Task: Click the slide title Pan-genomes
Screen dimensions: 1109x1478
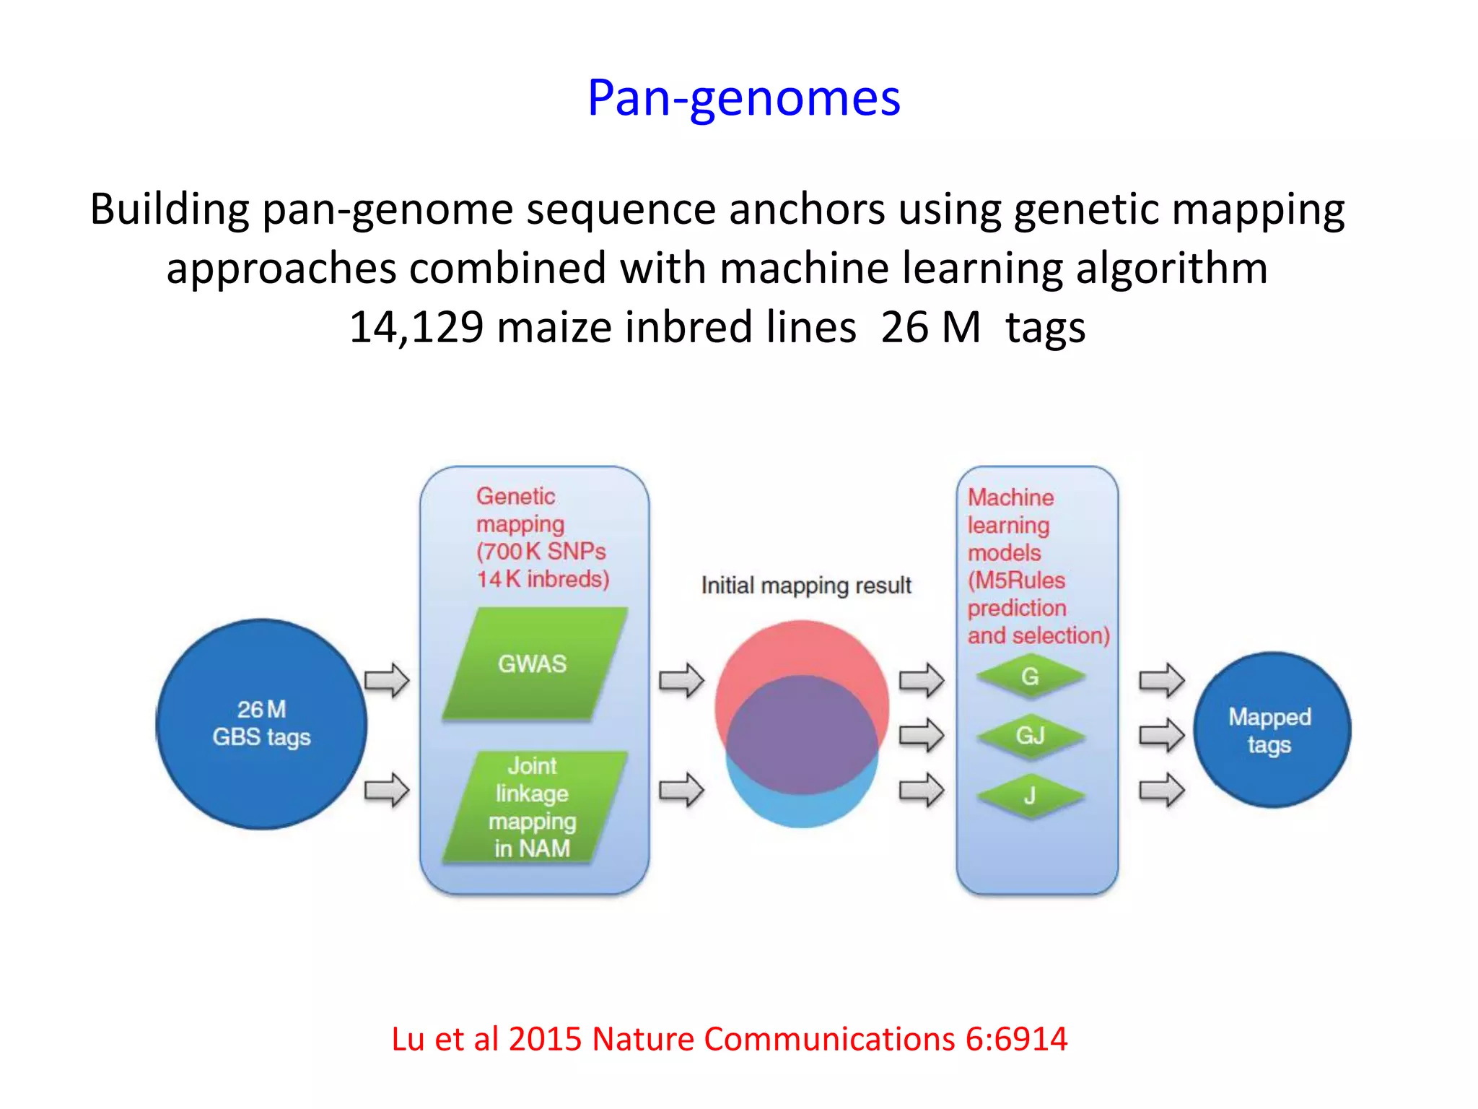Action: tap(743, 98)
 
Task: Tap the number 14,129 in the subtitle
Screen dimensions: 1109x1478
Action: tap(416, 327)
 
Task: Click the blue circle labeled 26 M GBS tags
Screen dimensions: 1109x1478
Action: tap(261, 723)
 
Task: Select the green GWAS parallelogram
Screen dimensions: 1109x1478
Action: tap(533, 664)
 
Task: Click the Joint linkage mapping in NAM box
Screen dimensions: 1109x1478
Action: tap(533, 806)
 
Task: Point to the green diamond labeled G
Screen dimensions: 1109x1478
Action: tap(1030, 677)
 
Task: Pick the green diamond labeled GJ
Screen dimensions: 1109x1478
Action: tap(1030, 736)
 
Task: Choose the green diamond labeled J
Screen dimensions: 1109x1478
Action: tap(1030, 796)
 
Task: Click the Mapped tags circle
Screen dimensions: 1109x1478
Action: tap(1270, 730)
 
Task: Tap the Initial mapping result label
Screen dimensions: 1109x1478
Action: tap(806, 585)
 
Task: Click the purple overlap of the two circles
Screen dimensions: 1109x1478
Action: tap(802, 733)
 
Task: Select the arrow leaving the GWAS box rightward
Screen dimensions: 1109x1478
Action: tap(681, 680)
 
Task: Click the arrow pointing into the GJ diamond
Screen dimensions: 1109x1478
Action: tap(921, 736)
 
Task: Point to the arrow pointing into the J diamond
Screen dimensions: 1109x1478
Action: tap(921, 790)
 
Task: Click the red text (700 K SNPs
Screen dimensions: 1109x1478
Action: tap(541, 552)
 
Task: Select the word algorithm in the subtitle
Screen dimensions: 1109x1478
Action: tap(1171, 268)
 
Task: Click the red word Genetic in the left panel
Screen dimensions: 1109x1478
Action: tap(515, 496)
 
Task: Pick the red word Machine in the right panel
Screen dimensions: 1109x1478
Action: tap(1010, 497)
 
